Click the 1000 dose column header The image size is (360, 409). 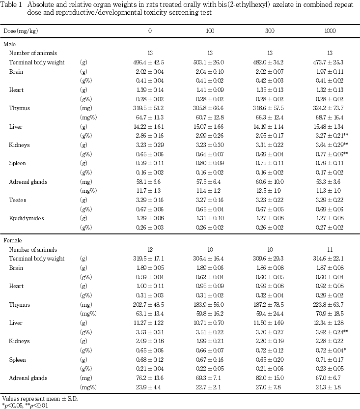pos(330,31)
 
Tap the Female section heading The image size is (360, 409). pos(12,240)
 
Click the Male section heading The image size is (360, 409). pos(9,44)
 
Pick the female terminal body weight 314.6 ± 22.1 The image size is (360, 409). pos(330,259)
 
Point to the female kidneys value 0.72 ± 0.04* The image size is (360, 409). pos(332,350)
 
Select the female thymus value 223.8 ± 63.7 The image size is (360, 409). pos(330,304)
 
